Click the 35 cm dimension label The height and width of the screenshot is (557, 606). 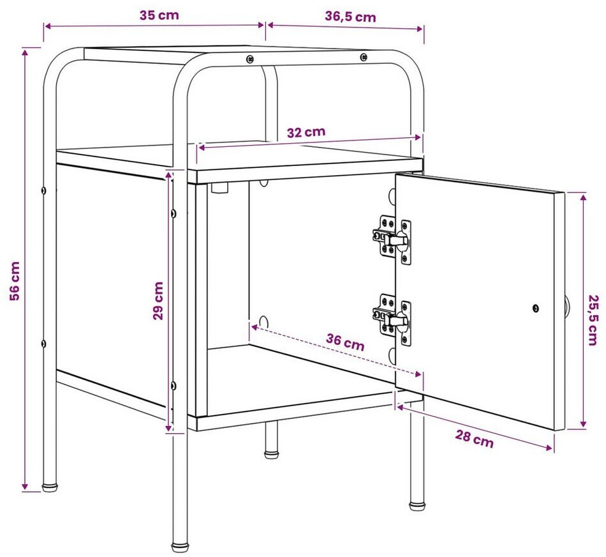(x=159, y=15)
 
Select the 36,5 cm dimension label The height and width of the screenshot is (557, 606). (x=350, y=17)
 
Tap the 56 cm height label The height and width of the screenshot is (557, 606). (x=15, y=281)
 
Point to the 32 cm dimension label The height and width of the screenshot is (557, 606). (x=306, y=132)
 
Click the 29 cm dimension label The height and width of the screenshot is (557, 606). (x=158, y=301)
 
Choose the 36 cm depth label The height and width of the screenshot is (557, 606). (x=345, y=342)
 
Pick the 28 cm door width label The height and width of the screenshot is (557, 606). (x=474, y=439)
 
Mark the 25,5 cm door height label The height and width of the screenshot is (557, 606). (x=593, y=320)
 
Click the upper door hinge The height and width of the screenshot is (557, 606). (x=392, y=240)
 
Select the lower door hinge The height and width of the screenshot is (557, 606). (x=392, y=319)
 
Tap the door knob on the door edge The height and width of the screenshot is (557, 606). (x=566, y=308)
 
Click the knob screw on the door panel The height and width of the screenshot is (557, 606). (x=536, y=308)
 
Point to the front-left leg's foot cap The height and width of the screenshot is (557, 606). (x=179, y=547)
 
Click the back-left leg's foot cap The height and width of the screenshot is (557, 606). (x=50, y=487)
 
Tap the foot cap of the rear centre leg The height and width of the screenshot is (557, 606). (x=271, y=454)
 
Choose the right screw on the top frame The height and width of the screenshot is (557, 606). (x=364, y=57)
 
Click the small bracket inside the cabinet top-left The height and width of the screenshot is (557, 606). (x=220, y=188)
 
